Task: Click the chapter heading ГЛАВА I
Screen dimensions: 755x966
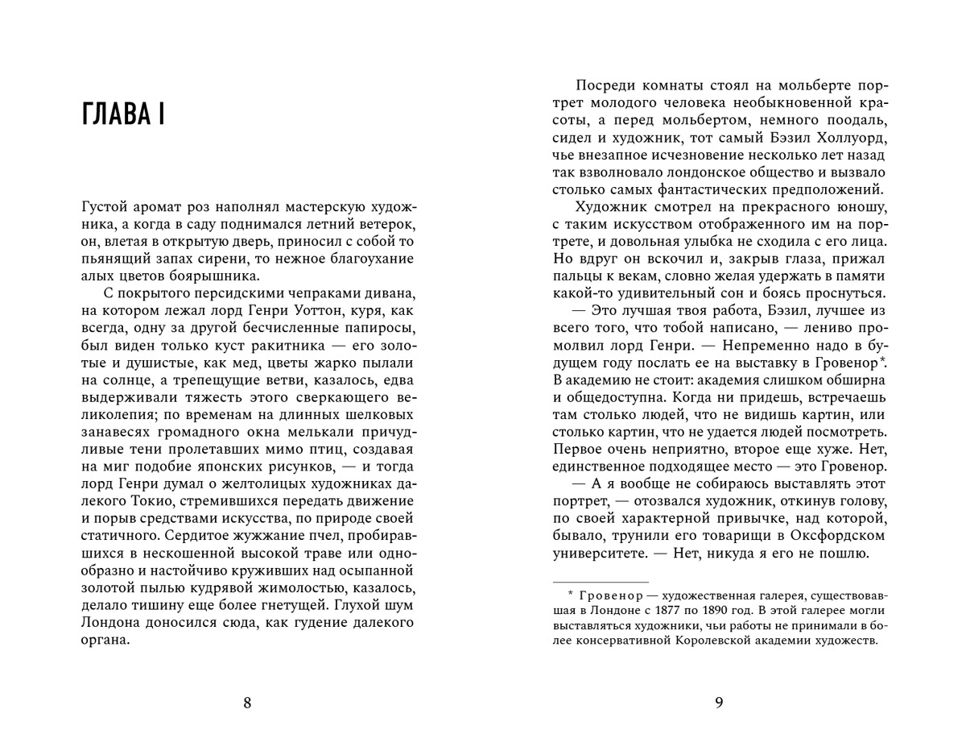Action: coord(124,114)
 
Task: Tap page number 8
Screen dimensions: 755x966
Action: coord(247,703)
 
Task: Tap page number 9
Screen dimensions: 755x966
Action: coord(719,703)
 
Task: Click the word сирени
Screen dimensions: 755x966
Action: coord(237,259)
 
